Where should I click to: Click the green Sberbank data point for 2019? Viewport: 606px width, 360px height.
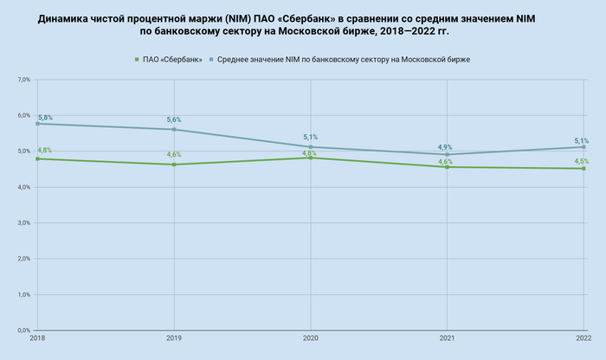pyautogui.click(x=174, y=164)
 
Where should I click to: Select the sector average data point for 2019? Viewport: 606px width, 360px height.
pyautogui.click(x=174, y=129)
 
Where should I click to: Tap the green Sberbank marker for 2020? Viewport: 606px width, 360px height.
pyautogui.click(x=311, y=157)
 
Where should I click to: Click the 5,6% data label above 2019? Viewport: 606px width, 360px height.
pyautogui.click(x=174, y=119)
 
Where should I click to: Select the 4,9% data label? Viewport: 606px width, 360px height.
pyautogui.click(x=445, y=147)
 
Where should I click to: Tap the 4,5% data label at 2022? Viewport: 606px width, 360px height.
pyautogui.click(x=582, y=161)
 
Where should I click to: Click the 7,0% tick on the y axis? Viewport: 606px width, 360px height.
pyautogui.click(x=23, y=80)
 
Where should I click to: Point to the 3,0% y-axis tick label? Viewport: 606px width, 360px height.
pyautogui.click(x=23, y=222)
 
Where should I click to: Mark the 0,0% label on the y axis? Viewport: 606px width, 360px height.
pyautogui.click(x=23, y=331)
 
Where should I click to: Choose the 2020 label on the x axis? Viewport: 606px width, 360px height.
pyautogui.click(x=311, y=338)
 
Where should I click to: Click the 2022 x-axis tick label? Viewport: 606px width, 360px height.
pyautogui.click(x=582, y=338)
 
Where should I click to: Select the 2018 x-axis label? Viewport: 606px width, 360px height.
pyautogui.click(x=37, y=338)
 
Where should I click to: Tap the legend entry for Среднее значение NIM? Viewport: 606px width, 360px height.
pyautogui.click(x=349, y=59)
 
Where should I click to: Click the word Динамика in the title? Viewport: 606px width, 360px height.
pyautogui.click(x=66, y=17)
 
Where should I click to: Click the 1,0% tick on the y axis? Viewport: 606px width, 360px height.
pyautogui.click(x=23, y=294)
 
